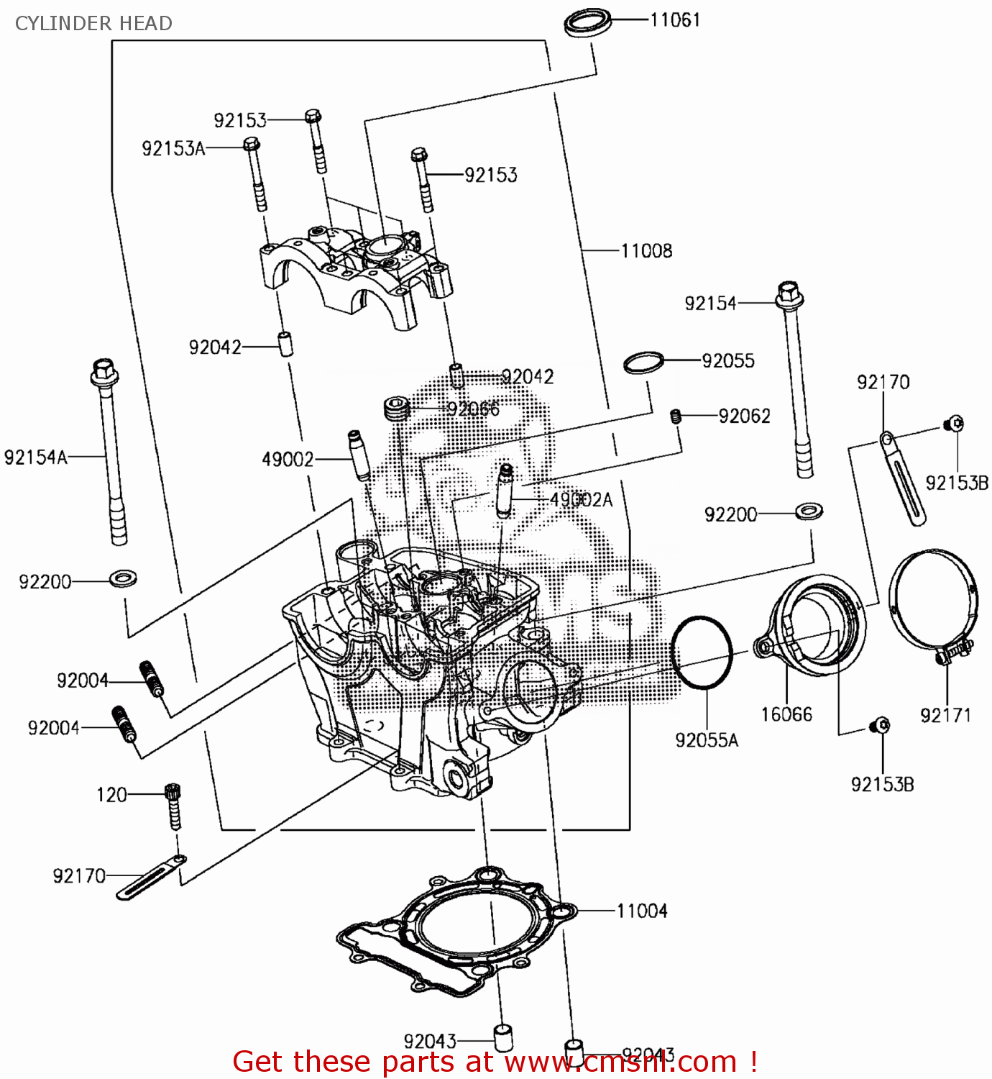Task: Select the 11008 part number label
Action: tap(646, 250)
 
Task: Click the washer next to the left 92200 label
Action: tap(124, 578)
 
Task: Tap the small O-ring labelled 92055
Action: tap(643, 363)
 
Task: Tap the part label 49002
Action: tap(288, 459)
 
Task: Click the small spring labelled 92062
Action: tap(676, 416)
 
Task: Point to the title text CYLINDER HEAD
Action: tap(93, 23)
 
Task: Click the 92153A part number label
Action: tap(173, 148)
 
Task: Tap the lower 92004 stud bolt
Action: tap(124, 724)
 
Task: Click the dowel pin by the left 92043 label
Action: tap(502, 1037)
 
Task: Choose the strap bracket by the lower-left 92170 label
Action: tap(150, 878)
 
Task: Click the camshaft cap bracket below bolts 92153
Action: tap(356, 273)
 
